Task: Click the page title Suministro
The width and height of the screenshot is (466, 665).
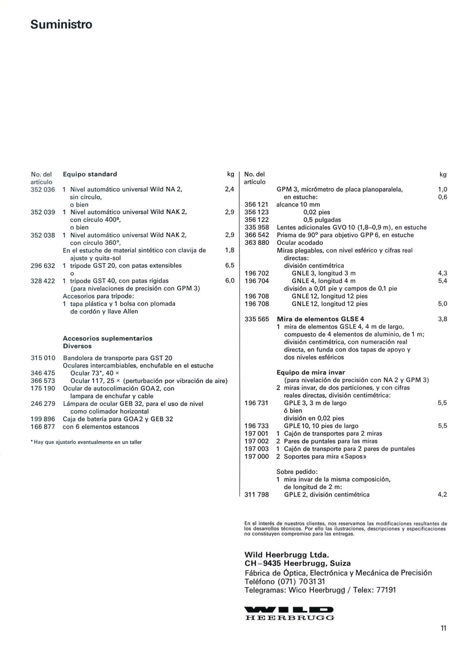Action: (x=61, y=24)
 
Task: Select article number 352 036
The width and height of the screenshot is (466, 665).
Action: (x=43, y=190)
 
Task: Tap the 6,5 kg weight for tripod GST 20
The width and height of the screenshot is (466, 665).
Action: (x=230, y=266)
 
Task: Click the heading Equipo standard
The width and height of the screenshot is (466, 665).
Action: (x=90, y=174)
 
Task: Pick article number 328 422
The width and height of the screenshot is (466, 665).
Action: (x=43, y=281)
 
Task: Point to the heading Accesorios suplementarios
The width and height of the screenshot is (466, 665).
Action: (x=107, y=339)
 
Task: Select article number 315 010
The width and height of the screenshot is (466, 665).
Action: (x=43, y=358)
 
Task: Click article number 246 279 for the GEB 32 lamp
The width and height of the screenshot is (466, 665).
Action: (x=43, y=404)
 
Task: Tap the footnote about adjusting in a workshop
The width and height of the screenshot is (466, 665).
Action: (x=86, y=442)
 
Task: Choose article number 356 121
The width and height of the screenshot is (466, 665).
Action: (x=256, y=204)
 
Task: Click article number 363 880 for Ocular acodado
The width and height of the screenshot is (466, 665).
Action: (x=256, y=243)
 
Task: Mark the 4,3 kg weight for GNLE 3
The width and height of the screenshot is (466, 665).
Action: (x=443, y=273)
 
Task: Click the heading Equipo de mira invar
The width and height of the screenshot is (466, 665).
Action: (x=311, y=372)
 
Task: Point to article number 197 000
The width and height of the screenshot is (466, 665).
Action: (x=256, y=456)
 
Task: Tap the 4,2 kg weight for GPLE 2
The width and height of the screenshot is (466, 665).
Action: (x=442, y=495)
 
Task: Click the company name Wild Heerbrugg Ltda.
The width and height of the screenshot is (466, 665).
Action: (x=287, y=555)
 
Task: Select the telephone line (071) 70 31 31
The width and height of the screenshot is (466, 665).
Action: (x=285, y=581)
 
